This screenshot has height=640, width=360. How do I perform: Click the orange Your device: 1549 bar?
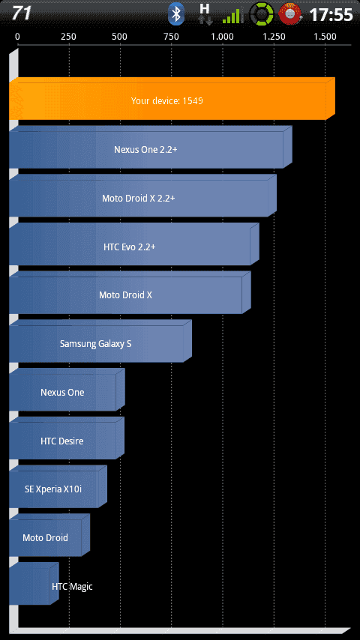pyautogui.click(x=172, y=99)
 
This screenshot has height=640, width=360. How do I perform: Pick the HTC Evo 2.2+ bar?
pyautogui.click(x=134, y=244)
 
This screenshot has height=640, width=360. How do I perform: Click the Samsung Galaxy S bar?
pyautogui.click(x=100, y=341)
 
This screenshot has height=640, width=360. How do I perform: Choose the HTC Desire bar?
pyautogui.click(x=67, y=438)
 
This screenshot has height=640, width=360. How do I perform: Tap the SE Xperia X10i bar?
pyautogui.click(x=58, y=487)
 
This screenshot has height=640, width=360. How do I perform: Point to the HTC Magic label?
pyautogui.click(x=72, y=587)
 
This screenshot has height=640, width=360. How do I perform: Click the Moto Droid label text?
pyautogui.click(x=45, y=537)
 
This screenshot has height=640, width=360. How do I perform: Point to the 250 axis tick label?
pyautogui.click(x=68, y=37)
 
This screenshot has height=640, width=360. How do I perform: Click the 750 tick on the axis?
pyautogui.click(x=171, y=37)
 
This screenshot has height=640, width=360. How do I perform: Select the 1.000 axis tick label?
pyautogui.click(x=222, y=37)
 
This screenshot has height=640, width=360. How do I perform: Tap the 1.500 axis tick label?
pyautogui.click(x=325, y=37)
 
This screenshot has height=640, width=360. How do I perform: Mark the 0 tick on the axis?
pyautogui.click(x=17, y=37)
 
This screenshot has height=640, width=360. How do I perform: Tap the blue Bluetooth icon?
pyautogui.click(x=176, y=14)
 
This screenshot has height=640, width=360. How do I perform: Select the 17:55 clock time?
pyautogui.click(x=331, y=15)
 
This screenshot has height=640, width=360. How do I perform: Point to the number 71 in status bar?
pyautogui.click(x=21, y=13)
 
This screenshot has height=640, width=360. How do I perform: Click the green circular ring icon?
pyautogui.click(x=262, y=13)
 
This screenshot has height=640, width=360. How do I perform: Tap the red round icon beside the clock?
pyautogui.click(x=289, y=13)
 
